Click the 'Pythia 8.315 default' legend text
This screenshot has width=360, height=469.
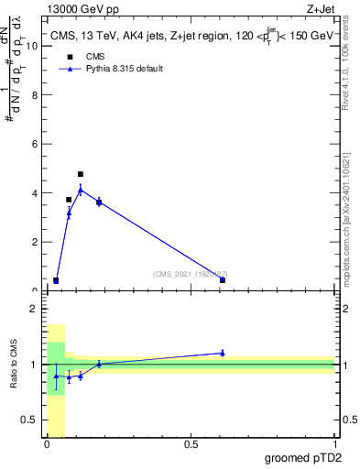click(x=125, y=69)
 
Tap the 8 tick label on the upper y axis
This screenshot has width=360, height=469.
click(x=34, y=95)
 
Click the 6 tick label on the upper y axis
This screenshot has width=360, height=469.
click(x=34, y=144)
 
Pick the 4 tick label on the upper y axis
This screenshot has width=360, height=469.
click(x=34, y=193)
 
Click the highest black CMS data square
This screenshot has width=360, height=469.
click(x=81, y=174)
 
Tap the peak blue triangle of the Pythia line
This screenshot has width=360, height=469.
click(x=81, y=191)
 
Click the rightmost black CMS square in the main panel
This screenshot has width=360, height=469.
click(x=223, y=280)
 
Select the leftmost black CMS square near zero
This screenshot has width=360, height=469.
click(x=56, y=280)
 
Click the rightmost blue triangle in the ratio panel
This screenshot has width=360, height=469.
click(x=223, y=353)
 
